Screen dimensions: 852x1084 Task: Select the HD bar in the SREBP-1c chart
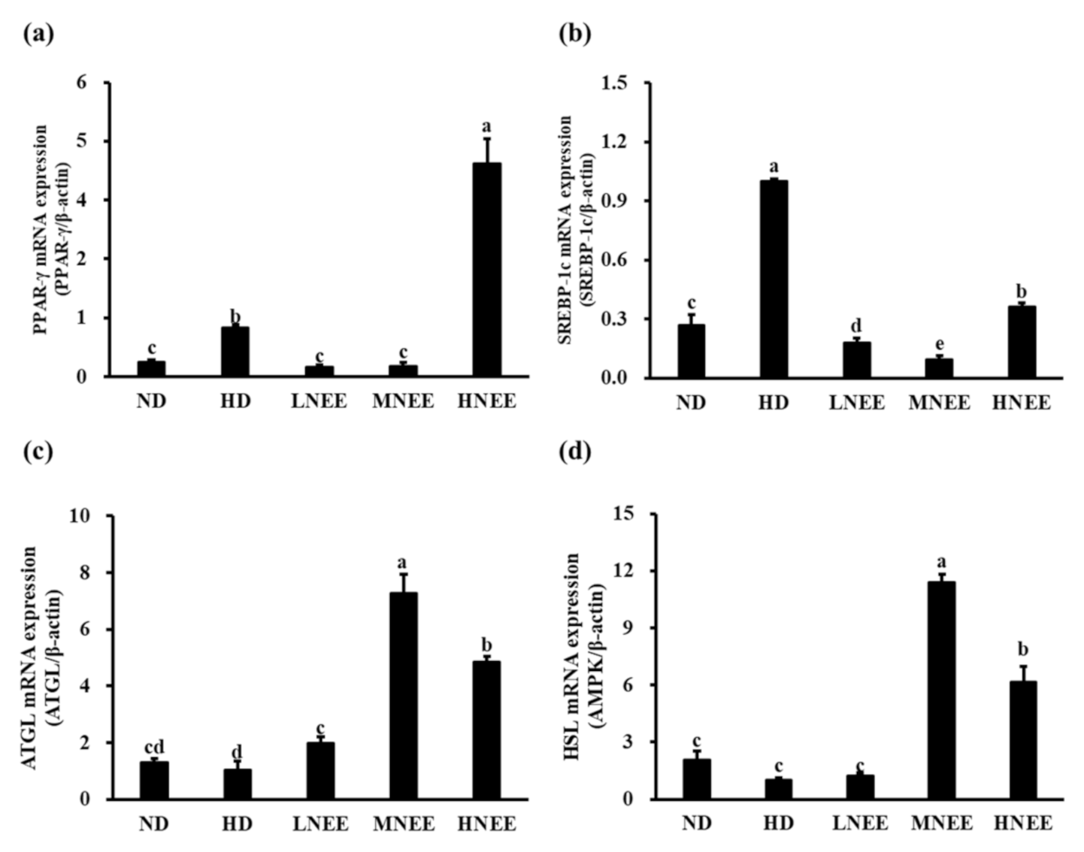(x=774, y=279)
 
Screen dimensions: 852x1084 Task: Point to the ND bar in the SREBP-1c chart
(x=691, y=351)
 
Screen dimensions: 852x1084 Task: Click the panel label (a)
(x=38, y=34)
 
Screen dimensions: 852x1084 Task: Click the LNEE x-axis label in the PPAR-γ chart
(x=319, y=401)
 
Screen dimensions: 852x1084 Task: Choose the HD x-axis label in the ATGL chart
(x=237, y=824)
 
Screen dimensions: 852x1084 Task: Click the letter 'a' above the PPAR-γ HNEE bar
(x=486, y=125)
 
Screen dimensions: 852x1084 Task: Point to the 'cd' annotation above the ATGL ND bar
(x=153, y=747)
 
